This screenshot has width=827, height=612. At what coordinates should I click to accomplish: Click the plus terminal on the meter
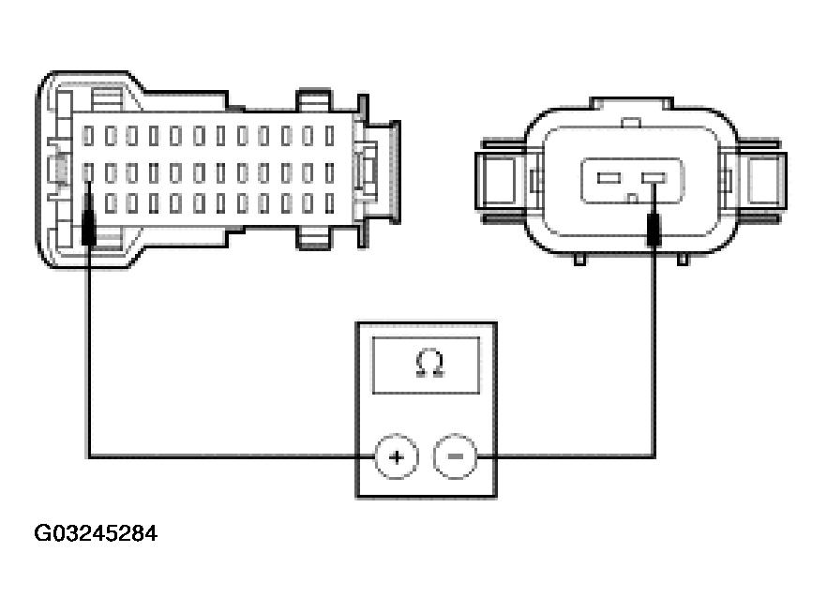pyautogui.click(x=396, y=456)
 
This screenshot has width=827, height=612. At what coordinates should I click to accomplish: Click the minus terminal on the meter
pyautogui.click(x=456, y=456)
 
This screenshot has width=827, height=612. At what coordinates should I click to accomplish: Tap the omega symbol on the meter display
pyautogui.click(x=429, y=365)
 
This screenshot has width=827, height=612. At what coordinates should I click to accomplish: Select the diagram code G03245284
pyautogui.click(x=96, y=533)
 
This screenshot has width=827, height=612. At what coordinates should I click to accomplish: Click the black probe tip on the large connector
pyautogui.click(x=88, y=218)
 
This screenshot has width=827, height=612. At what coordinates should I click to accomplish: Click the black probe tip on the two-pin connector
pyautogui.click(x=654, y=228)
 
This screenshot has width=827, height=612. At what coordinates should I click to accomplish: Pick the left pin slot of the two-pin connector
pyautogui.click(x=609, y=178)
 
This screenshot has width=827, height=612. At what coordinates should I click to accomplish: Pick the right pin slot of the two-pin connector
pyautogui.click(x=654, y=178)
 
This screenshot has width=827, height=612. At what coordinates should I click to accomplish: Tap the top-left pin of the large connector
pyautogui.click(x=88, y=136)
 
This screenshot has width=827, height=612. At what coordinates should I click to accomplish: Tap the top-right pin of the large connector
pyautogui.click(x=330, y=136)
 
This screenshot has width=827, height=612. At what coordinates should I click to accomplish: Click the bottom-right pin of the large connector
pyautogui.click(x=330, y=203)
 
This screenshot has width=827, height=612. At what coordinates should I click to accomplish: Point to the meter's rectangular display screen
pyautogui.click(x=426, y=366)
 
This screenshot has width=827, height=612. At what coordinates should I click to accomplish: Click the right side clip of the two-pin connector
pyautogui.click(x=759, y=180)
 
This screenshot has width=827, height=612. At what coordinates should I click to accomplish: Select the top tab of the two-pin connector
pyautogui.click(x=631, y=103)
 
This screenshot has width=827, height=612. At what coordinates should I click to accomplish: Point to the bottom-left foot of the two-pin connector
pyautogui.click(x=579, y=259)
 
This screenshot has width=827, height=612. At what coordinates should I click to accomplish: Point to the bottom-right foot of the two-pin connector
pyautogui.click(x=683, y=259)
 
